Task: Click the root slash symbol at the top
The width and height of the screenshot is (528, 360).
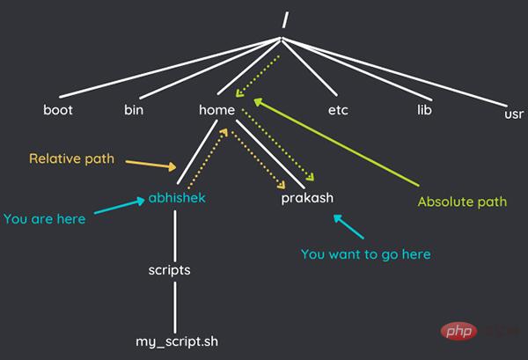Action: tap(285, 20)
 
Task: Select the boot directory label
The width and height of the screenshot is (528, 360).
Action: tap(58, 110)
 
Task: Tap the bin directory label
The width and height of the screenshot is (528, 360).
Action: tap(134, 110)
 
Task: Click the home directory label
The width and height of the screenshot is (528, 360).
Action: tap(216, 110)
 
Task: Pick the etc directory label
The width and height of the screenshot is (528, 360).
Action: tap(338, 110)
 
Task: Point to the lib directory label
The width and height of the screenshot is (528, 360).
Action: tap(424, 110)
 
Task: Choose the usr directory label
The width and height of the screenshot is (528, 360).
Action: tap(514, 114)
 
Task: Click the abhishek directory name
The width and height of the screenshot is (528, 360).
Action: tap(177, 198)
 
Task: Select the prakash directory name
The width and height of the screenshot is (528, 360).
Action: tap(307, 198)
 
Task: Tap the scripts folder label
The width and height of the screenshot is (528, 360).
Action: tap(169, 270)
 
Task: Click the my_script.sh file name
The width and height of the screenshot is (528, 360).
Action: tap(177, 342)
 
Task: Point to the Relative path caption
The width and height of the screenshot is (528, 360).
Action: tap(72, 159)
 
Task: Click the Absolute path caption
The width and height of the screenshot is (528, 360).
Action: tap(462, 202)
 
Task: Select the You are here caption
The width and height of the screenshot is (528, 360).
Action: tap(45, 219)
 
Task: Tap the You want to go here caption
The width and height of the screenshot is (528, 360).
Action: tap(366, 254)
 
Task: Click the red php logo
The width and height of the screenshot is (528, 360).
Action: tap(458, 331)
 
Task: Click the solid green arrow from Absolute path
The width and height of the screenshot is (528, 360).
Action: tap(336, 142)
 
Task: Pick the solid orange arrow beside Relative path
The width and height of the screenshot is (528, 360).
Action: tap(150, 165)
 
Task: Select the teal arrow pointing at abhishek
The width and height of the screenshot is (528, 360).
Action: tap(120, 206)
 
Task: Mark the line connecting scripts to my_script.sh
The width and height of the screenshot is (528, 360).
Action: tap(175, 307)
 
